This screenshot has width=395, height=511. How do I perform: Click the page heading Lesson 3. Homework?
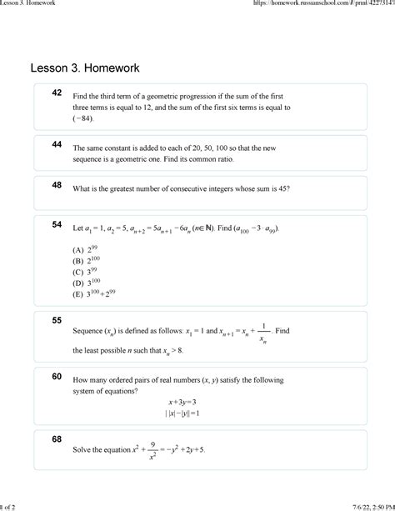coord(85,66)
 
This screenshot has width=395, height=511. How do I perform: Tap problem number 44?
coord(57,144)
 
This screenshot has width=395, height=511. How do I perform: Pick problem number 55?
coord(57,320)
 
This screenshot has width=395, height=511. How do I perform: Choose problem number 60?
coord(57,376)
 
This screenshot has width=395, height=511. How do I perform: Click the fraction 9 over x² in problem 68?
coord(153,450)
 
